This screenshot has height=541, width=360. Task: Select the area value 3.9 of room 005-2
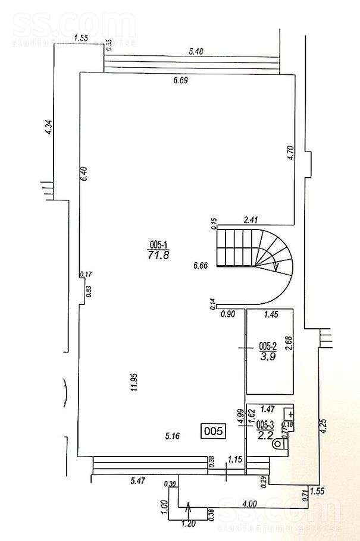(267, 357)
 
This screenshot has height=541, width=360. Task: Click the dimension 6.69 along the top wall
(181, 80)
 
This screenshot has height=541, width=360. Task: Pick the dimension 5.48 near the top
(196, 52)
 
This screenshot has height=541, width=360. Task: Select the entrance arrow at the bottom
(189, 509)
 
